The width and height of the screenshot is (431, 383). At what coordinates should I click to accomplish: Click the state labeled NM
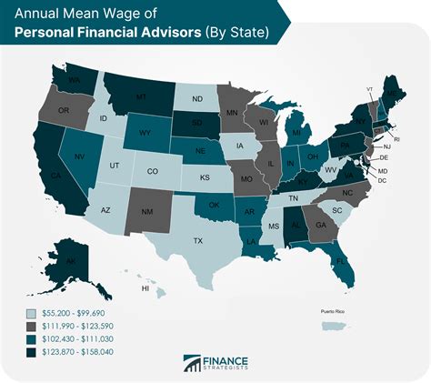147,212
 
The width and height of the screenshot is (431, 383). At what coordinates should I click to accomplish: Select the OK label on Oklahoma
215,206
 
